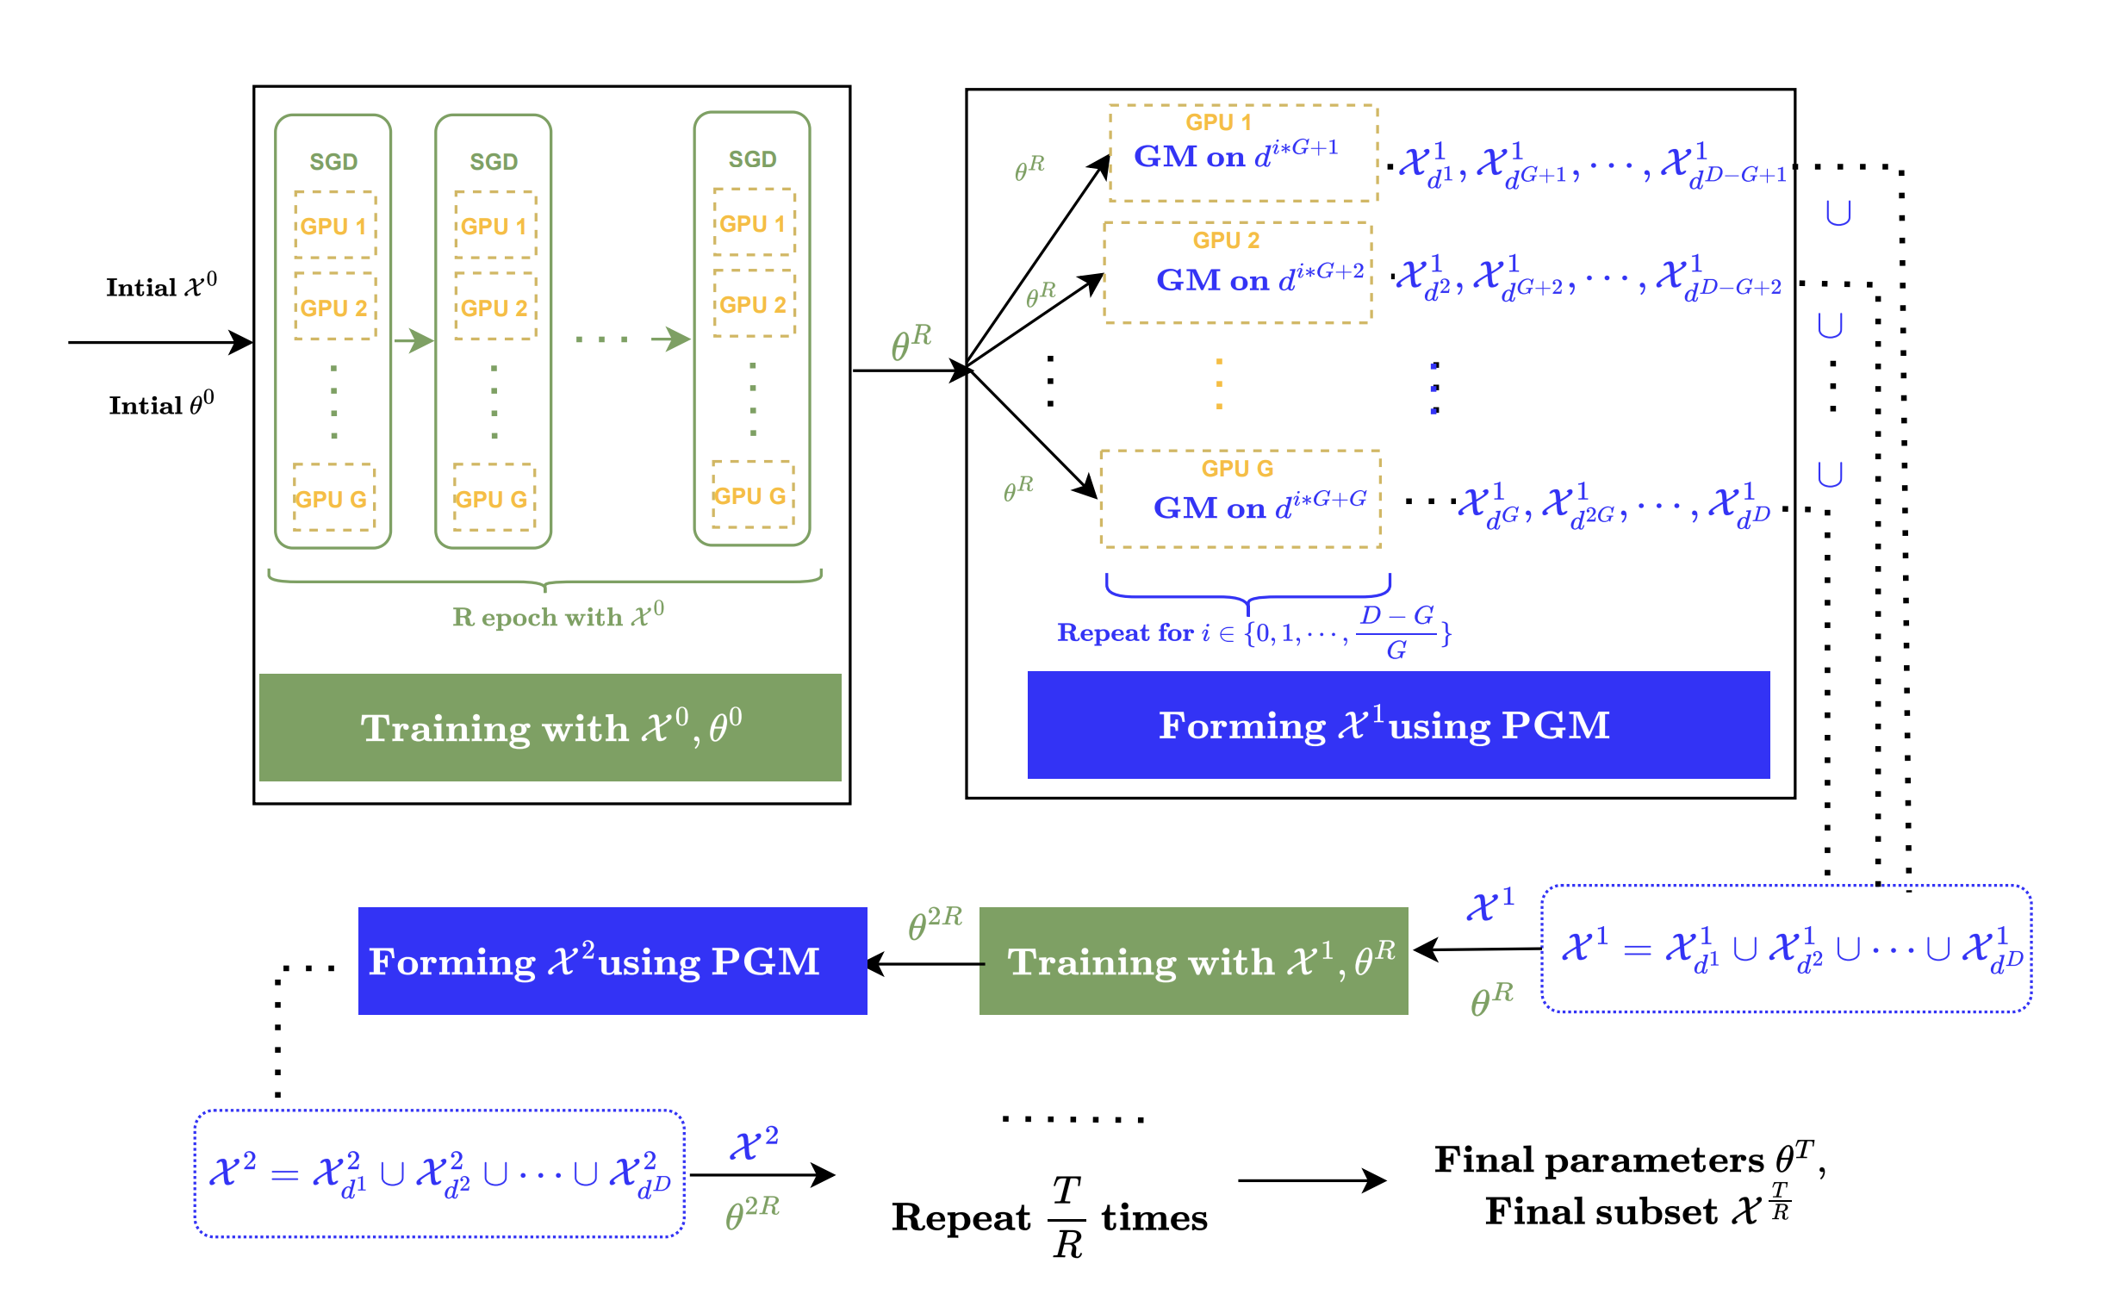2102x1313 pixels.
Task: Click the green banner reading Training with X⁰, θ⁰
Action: [550, 728]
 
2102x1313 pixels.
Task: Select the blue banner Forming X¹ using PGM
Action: [1398, 725]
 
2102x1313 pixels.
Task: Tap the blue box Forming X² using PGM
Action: [613, 961]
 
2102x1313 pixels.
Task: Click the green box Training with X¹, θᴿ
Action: [1193, 961]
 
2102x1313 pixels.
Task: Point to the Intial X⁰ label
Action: [161, 287]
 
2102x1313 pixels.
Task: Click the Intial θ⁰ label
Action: [161, 404]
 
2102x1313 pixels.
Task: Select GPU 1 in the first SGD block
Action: [334, 226]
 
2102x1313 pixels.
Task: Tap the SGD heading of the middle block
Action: [493, 162]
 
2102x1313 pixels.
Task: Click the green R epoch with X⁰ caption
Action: [558, 616]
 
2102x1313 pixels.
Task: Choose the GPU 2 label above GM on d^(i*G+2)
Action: [1226, 240]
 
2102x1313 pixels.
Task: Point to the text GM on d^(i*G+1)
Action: [1235, 154]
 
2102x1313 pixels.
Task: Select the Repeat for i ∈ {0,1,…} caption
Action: [1253, 632]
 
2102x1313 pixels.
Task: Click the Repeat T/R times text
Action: [1049, 1216]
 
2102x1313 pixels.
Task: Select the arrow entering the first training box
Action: [160, 342]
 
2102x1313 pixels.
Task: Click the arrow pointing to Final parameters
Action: [1312, 1181]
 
